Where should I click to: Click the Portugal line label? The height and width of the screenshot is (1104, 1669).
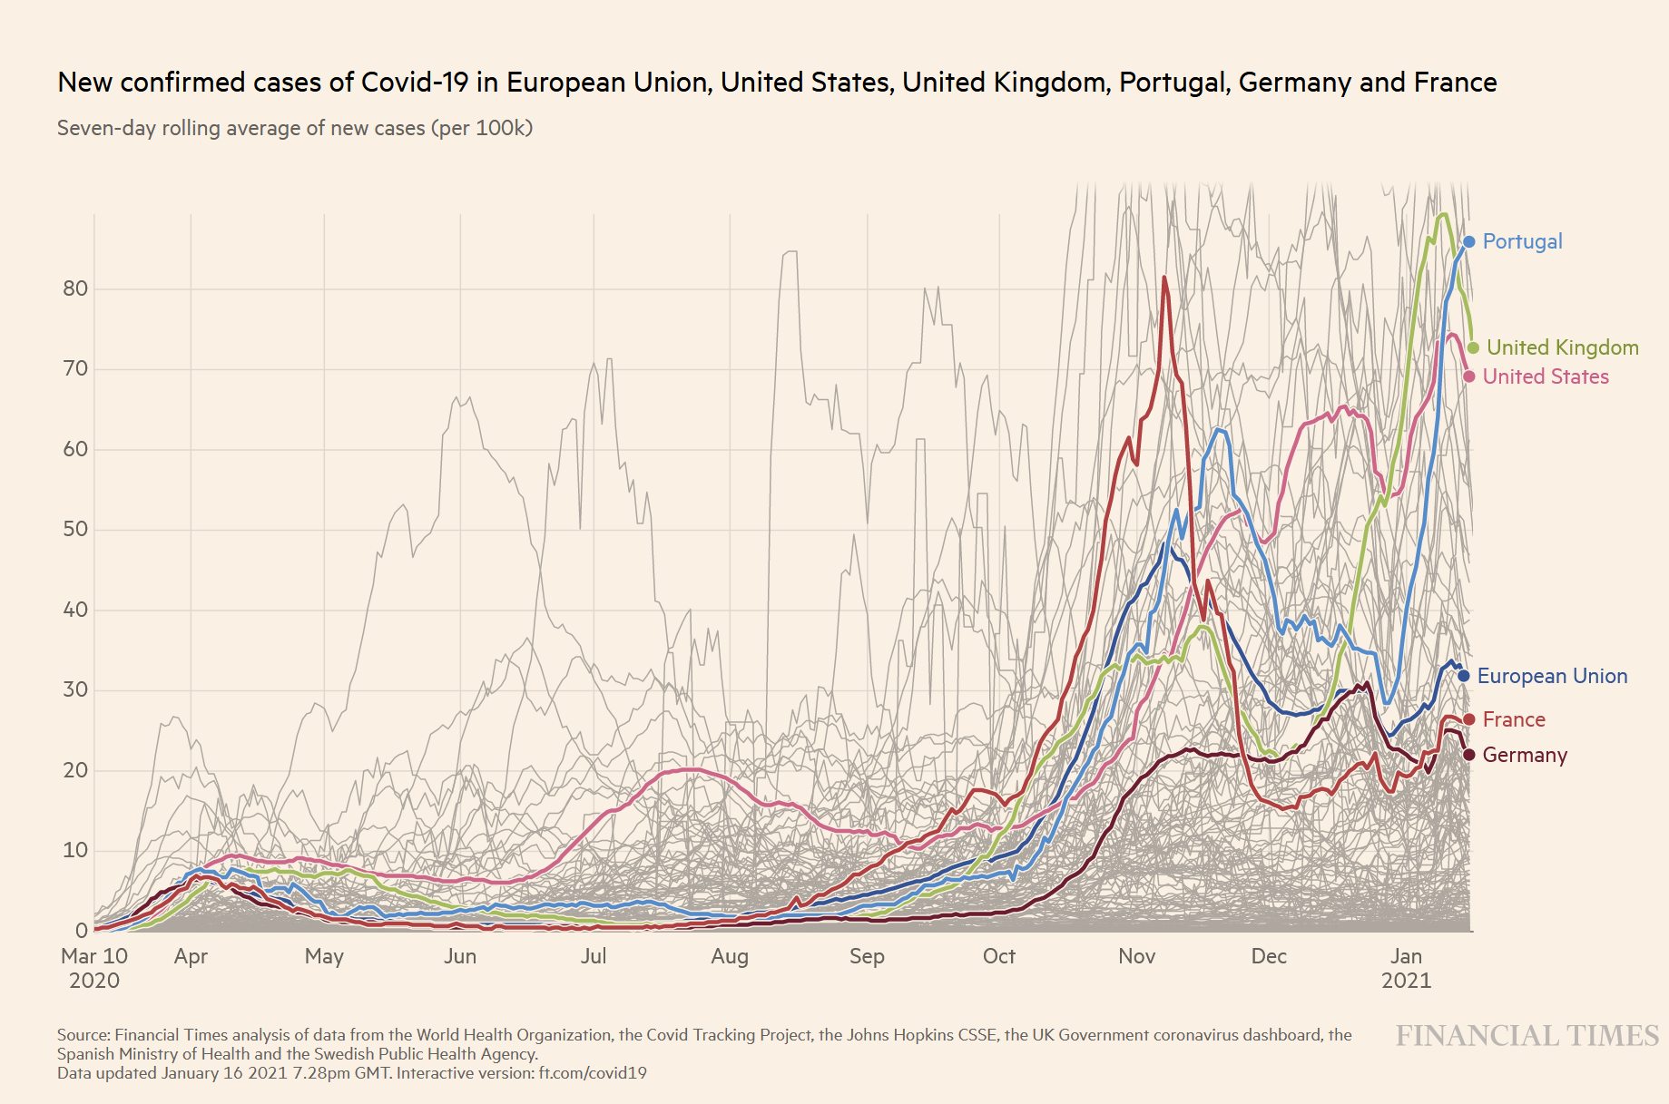tap(1522, 241)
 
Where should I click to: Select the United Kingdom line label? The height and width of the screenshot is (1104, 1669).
tap(1562, 347)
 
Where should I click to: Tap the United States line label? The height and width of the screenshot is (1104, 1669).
tap(1545, 376)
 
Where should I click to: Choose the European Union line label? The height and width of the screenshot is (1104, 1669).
tap(1552, 676)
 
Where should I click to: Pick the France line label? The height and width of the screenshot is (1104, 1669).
tap(1513, 719)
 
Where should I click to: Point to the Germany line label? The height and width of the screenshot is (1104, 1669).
tap(1525, 755)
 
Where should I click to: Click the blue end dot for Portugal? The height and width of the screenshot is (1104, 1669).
tap(1469, 241)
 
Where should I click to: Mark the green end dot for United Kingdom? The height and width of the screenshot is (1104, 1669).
tap(1473, 347)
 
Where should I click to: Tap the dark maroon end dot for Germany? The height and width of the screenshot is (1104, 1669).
tap(1469, 755)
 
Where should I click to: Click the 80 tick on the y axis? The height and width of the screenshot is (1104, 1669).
tap(75, 289)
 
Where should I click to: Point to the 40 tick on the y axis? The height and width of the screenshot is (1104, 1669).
tap(75, 610)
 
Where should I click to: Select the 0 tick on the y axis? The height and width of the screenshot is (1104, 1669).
tap(82, 931)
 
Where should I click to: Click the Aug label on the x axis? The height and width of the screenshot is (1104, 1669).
tap(730, 956)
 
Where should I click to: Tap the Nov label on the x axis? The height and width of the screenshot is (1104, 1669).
tap(1136, 956)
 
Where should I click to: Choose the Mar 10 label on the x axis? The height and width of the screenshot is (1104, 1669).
tap(94, 956)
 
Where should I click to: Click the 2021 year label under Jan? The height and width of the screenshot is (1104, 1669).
tap(1406, 981)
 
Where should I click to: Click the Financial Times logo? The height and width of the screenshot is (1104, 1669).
tap(1527, 1036)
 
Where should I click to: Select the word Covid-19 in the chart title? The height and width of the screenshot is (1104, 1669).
tap(415, 83)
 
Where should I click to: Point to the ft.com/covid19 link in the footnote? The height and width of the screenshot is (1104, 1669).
tap(593, 1073)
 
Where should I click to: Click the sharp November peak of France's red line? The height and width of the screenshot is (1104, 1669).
tap(1164, 278)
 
